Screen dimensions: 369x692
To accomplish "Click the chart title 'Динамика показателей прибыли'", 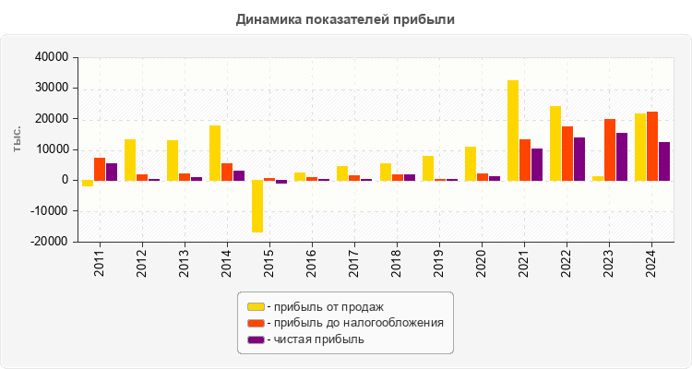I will pos(345,18).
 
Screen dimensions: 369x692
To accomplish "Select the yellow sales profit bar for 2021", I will pos(513,130).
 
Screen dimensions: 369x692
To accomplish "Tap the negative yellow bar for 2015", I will pos(257,206).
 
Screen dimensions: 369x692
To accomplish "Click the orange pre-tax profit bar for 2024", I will pos(652,146).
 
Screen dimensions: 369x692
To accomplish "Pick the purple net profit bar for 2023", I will pos(622,157).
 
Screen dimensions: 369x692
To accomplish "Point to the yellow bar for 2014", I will pos(215,153).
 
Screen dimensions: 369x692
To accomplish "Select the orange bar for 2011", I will pos(100,169).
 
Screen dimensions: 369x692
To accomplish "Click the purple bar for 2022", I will pos(579,159).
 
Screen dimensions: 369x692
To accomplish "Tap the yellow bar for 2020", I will pos(471,163).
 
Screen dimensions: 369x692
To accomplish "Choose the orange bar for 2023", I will pos(610,149).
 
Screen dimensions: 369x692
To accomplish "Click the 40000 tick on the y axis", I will pos(53,57).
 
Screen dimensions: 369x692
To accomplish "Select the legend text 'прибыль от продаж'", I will pos(328,306).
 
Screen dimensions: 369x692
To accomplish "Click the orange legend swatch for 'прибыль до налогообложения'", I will pos(256,323).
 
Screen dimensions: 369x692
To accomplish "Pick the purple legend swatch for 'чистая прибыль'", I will pos(256,339).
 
